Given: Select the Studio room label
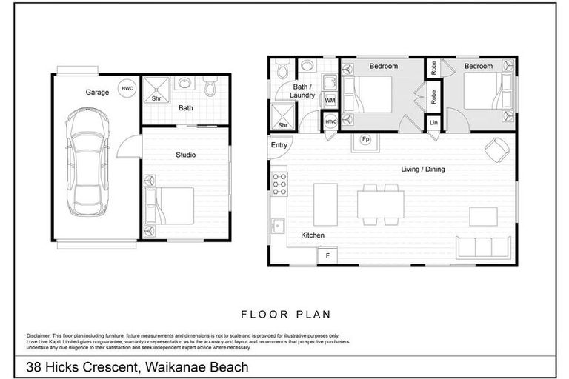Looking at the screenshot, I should click(185, 155).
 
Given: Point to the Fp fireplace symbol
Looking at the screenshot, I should click(365, 139).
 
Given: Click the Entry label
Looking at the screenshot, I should click(279, 145).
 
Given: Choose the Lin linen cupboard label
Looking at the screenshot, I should click(433, 122).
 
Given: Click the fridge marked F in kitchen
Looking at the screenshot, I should click(327, 255).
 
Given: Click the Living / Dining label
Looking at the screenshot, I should click(423, 170).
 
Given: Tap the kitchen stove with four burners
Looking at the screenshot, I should click(279, 184).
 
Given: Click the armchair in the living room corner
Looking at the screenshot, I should click(495, 148).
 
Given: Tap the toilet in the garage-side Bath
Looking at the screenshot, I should click(210, 89).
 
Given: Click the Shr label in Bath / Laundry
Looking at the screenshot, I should click(282, 126).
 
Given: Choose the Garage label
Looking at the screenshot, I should click(96, 93).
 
